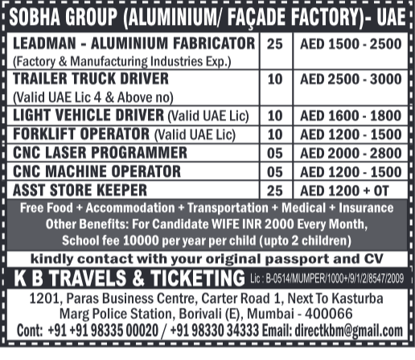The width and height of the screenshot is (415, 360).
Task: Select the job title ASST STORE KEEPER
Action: point(80,190)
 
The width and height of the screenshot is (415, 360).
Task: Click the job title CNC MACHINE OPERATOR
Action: point(97,170)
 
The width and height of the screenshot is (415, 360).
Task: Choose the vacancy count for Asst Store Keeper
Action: point(275,190)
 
